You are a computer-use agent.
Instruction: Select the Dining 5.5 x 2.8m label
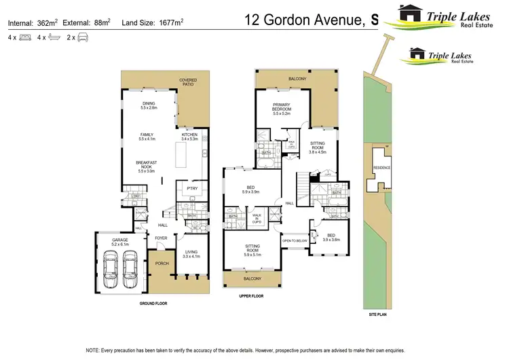coord(148,105)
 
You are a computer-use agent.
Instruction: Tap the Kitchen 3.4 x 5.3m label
coord(189,136)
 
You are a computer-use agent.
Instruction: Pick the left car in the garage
coord(111,269)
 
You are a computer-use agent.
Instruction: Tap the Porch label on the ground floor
coord(162,264)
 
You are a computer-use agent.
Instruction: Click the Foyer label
coord(161,238)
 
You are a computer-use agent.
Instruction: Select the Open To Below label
coord(295,240)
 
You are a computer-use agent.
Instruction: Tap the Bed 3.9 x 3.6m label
coord(331,236)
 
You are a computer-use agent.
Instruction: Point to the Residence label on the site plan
coord(381,168)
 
